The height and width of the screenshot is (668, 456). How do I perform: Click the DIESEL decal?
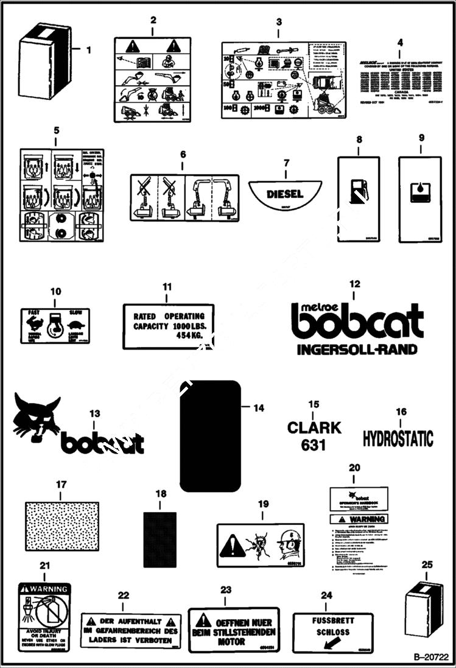[x=284, y=193]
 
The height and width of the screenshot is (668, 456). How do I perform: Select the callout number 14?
[x=259, y=408]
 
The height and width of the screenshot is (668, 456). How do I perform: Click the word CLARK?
[x=314, y=427]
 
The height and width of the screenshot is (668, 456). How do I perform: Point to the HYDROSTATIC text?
[x=398, y=438]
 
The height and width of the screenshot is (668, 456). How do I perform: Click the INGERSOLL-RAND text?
[x=357, y=350]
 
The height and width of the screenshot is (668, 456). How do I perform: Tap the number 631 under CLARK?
[x=314, y=446]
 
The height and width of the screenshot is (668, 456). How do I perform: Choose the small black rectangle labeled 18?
[x=160, y=535]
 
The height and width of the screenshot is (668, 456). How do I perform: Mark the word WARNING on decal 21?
[x=49, y=589]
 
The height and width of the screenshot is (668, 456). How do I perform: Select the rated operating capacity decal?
[x=169, y=325]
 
